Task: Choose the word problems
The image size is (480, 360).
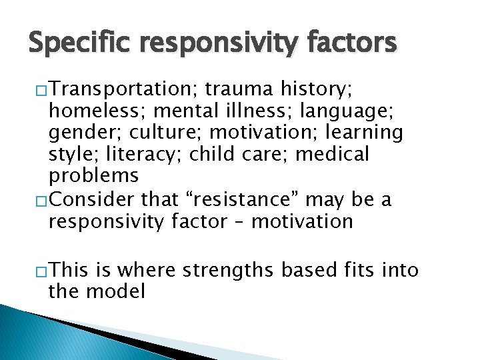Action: (x=93, y=177)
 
